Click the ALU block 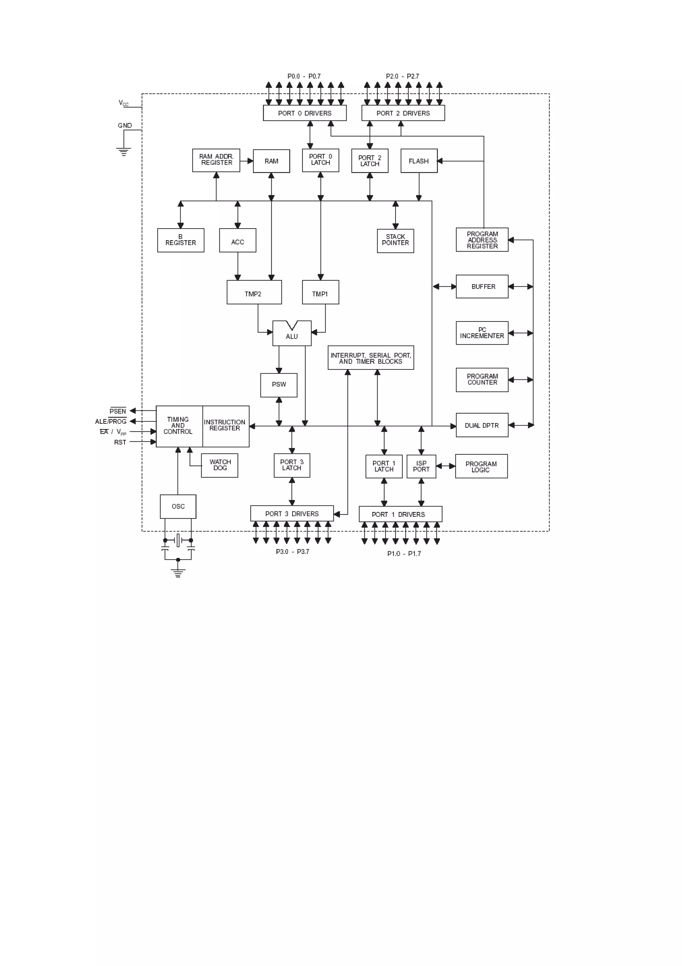coord(292,336)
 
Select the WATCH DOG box coord(220,465)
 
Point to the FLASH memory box coord(419,161)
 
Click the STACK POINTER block coord(396,240)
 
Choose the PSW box coord(279,384)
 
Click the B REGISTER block coord(181,240)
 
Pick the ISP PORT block coord(421,466)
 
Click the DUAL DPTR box coord(482,425)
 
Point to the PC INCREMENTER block coord(482,333)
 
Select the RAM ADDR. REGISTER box coord(216,160)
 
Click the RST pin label coord(120,442)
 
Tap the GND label coord(125,125)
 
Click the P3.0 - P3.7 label coord(292,552)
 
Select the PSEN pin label coord(118,411)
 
